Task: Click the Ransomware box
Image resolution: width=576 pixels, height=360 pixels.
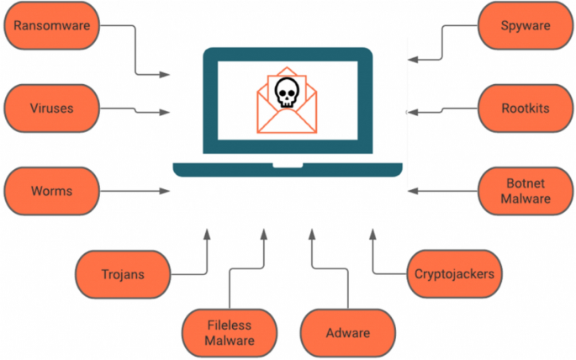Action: (52, 26)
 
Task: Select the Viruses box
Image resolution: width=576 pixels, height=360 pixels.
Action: (52, 109)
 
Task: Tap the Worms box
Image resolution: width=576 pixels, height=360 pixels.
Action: (52, 191)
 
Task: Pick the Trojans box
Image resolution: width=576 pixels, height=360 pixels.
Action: (123, 273)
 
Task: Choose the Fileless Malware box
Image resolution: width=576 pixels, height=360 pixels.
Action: (230, 332)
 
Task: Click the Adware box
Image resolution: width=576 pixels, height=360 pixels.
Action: (347, 332)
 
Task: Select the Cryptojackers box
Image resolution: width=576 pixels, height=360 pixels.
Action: (454, 273)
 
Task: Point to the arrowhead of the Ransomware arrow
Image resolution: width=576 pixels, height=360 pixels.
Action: (166, 75)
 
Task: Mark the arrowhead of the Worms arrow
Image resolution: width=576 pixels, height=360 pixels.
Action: (166, 192)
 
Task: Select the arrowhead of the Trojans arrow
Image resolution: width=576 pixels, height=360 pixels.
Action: (206, 230)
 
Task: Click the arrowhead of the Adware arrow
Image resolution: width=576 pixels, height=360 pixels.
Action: (312, 230)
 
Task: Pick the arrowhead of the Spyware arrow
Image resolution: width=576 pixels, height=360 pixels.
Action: (410, 59)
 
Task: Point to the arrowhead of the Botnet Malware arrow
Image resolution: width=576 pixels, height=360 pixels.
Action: (410, 191)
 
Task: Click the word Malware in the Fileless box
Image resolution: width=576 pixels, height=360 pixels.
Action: (230, 341)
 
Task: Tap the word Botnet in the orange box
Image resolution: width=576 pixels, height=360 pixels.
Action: (526, 183)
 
